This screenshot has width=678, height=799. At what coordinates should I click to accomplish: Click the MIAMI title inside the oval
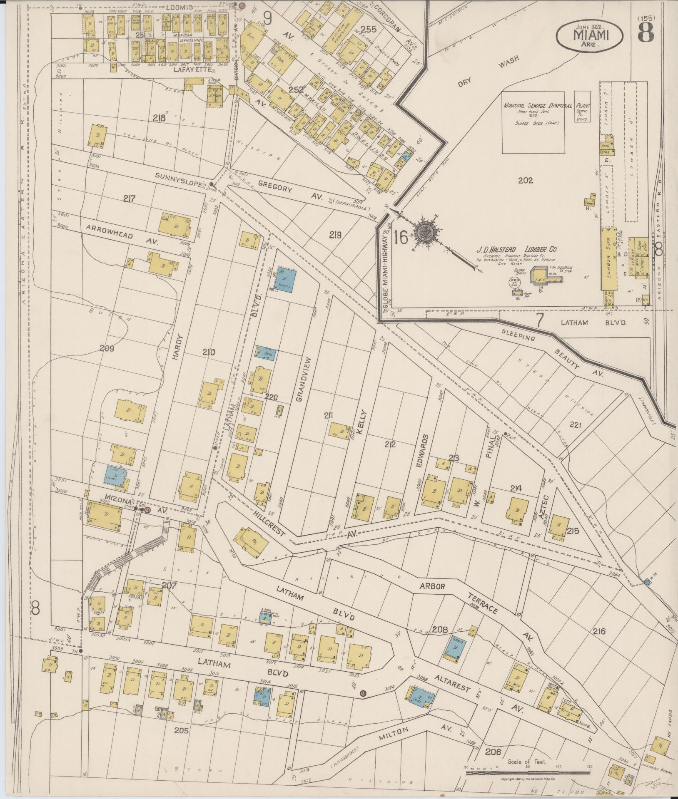pyautogui.click(x=590, y=35)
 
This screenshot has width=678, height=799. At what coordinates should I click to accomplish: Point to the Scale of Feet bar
pyautogui.click(x=527, y=772)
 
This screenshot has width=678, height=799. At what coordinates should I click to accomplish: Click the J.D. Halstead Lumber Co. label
pyautogui.click(x=517, y=250)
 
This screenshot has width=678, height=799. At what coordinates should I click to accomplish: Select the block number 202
pyautogui.click(x=526, y=181)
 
